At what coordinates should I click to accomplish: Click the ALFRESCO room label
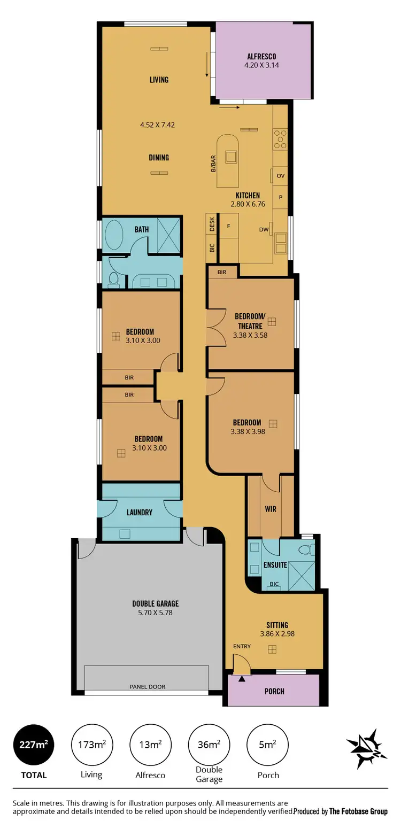point(262,56)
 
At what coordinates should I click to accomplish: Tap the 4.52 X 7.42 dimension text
point(157,125)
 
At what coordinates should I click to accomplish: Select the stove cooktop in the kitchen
point(280,139)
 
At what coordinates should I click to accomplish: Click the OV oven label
point(280,175)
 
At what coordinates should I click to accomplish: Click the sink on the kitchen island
point(231,156)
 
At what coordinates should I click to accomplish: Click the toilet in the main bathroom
point(113,278)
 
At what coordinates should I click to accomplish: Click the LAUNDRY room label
point(140,512)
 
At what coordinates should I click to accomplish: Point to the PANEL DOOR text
point(147,686)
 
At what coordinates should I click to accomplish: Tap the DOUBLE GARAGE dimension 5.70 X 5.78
point(155,613)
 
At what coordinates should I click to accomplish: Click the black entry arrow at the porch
point(242,679)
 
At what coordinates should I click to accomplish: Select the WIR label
point(271,509)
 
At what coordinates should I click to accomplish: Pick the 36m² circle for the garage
point(209,745)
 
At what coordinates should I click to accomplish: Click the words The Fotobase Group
point(358,811)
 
